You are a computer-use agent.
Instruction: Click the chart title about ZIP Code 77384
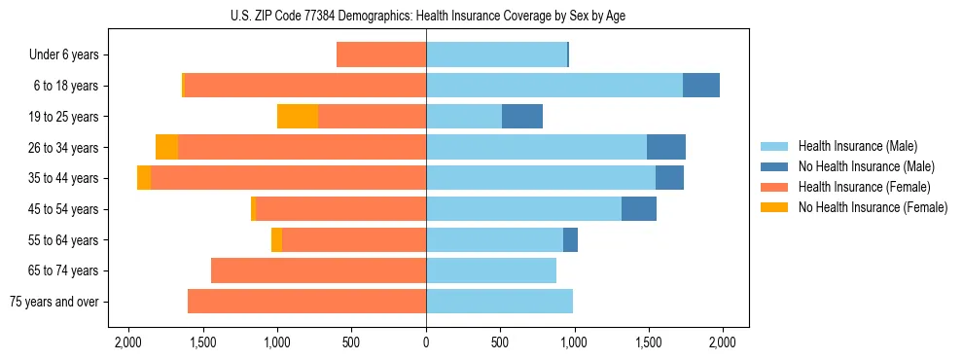point(426,15)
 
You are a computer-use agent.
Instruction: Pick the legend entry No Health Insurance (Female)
point(873,207)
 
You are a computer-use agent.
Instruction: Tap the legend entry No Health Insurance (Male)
point(866,166)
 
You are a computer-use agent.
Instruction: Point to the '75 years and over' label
point(54,302)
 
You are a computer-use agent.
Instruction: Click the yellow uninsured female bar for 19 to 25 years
point(298,117)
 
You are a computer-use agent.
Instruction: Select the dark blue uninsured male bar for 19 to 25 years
point(522,117)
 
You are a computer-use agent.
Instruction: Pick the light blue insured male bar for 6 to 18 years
point(554,86)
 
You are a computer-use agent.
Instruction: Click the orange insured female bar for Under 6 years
point(381,54)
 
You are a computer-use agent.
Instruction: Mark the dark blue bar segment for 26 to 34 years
point(666,147)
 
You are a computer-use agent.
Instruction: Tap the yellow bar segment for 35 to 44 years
point(144,178)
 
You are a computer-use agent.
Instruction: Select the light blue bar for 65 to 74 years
point(491,270)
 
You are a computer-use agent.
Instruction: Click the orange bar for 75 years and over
point(306,302)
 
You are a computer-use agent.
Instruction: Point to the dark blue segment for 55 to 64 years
point(570,239)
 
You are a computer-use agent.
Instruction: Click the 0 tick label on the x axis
point(426,342)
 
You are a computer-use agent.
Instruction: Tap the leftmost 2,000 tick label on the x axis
point(128,342)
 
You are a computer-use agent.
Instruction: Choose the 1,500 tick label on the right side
point(648,342)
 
